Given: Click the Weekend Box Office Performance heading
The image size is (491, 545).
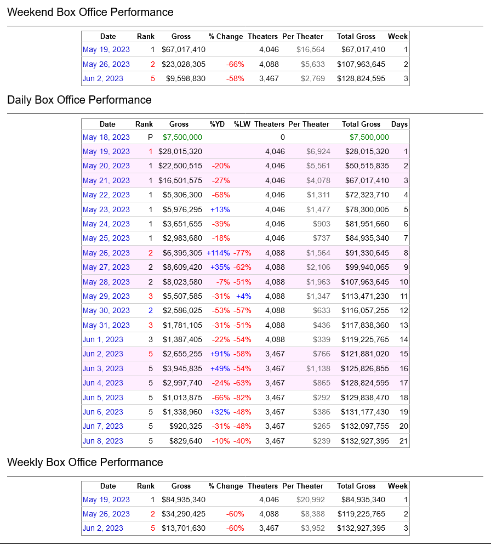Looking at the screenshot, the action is coord(90,12).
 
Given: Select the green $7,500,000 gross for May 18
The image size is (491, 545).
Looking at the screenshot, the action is coord(182,137).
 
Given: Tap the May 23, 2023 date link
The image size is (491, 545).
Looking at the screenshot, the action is coord(106,209).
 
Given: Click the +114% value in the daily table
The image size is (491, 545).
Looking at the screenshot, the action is coord(218,253).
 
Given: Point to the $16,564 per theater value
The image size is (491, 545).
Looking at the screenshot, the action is coord(311,50).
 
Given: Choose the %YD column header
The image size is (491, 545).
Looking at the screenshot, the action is coord(217,124).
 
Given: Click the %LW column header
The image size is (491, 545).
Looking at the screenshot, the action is coord(242,124).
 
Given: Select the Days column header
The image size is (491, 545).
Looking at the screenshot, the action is coord(399,124).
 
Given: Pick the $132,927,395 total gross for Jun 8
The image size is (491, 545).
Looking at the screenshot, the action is coord(365,441).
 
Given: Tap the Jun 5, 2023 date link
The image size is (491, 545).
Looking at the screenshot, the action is coord(103,398).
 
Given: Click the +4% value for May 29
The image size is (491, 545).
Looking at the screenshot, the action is coord(244,297).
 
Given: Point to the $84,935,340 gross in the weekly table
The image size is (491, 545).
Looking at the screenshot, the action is coord(184,500).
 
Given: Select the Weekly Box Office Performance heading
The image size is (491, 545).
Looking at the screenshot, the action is coord(85,462).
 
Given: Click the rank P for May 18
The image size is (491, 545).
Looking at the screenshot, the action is coord(151,137).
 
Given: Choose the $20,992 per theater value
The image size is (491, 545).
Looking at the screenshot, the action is coord(311,500).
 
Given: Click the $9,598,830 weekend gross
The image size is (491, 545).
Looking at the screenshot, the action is coord(186,78).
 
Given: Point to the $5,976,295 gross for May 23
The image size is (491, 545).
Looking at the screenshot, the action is coord(182,209).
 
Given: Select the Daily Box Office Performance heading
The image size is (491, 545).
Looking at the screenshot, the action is coord(79,100).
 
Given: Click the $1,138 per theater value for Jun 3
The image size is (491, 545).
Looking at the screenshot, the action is coord(318,369).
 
